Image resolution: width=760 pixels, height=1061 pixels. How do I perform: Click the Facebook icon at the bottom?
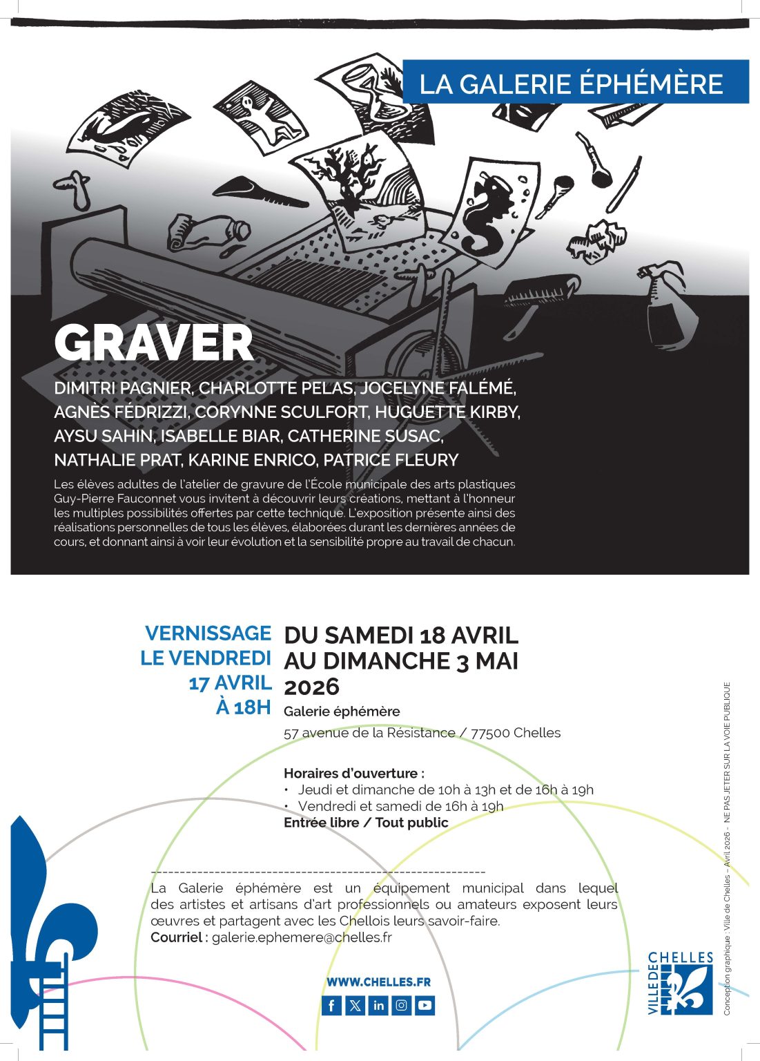332,1005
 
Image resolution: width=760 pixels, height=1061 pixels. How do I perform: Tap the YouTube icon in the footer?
425,1005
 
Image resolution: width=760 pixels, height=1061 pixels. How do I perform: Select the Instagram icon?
402,1005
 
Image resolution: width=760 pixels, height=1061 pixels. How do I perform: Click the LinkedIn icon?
378,1005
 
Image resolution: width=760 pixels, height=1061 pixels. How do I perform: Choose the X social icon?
355,1005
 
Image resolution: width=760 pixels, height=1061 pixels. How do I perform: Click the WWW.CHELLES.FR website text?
378,982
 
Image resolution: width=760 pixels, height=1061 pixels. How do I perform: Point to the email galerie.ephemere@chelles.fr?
302,937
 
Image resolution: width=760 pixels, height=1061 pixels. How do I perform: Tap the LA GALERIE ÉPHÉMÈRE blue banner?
574,82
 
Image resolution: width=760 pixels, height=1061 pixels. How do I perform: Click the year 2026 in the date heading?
312,687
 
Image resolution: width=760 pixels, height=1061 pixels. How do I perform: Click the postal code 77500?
490,733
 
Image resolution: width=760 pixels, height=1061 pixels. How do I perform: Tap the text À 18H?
243,707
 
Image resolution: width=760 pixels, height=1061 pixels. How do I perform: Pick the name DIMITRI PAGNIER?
121,388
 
